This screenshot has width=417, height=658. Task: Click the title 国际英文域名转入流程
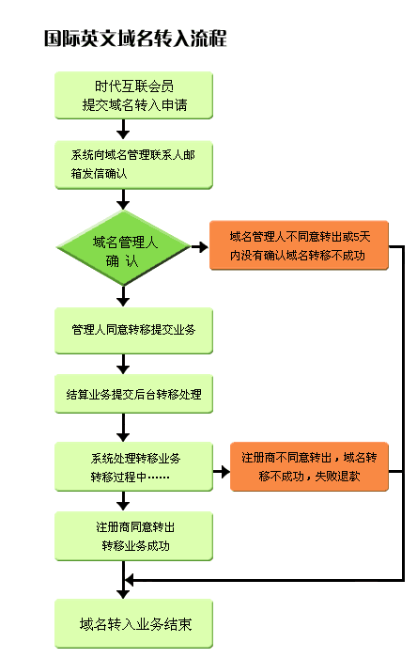[135, 39]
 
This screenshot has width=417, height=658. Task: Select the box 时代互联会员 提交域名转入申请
[133, 95]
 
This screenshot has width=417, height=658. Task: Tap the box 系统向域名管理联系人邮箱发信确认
[133, 164]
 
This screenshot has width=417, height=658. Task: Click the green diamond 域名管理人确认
[124, 248]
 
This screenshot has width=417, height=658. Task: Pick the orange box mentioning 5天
[299, 245]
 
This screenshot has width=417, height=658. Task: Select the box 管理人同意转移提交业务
[133, 331]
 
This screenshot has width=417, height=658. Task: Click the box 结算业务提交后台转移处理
[133, 394]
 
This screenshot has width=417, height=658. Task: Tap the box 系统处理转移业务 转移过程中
[133, 466]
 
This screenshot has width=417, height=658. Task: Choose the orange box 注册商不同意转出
[309, 466]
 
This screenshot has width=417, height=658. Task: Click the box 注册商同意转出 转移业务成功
[133, 537]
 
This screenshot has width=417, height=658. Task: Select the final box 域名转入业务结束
[133, 624]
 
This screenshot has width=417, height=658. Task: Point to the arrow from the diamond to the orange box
[200, 247]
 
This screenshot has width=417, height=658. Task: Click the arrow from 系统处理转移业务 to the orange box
[222, 472]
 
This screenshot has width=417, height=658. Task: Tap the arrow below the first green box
[123, 130]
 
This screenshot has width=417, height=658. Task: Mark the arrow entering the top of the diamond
[123, 199]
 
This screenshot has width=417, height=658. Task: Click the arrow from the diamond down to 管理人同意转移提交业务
[123, 296]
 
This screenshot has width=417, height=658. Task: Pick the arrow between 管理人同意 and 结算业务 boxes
[123, 364]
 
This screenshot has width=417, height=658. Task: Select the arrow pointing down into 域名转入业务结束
[123, 580]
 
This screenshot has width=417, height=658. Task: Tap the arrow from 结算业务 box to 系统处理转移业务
[123, 427]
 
